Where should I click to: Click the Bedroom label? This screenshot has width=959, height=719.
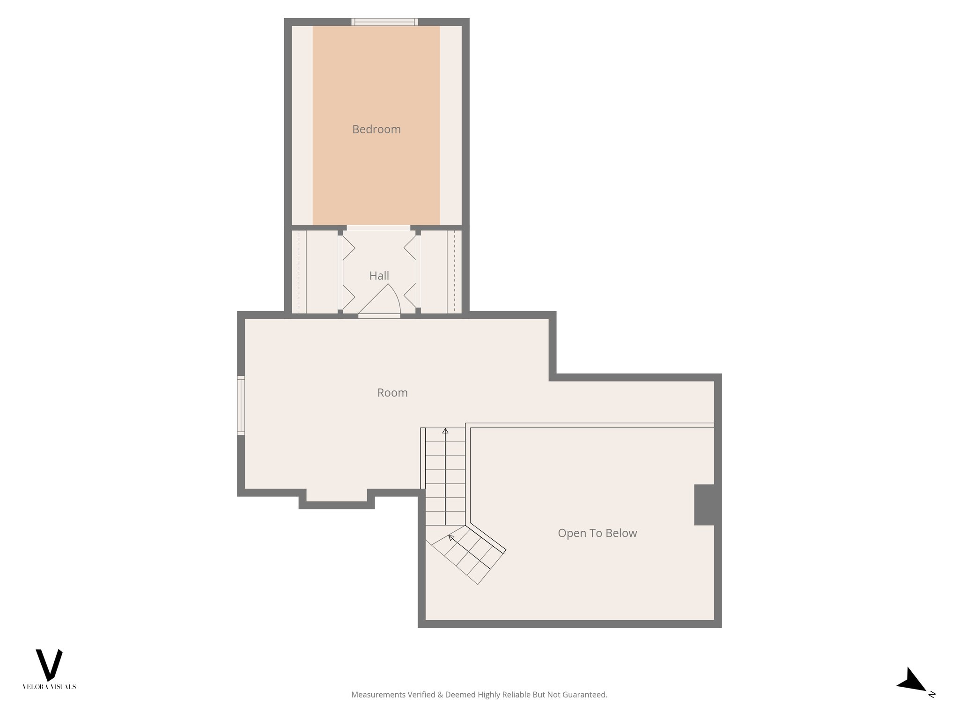click(x=376, y=129)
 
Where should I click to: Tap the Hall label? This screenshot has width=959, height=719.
click(x=379, y=276)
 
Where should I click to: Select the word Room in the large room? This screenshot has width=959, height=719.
click(x=392, y=393)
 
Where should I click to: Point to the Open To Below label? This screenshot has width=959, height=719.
click(x=597, y=533)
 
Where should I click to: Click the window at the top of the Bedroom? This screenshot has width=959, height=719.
click(x=384, y=22)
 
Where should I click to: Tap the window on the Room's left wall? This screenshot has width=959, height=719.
click(x=241, y=405)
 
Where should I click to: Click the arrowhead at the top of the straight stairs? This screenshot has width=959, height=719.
click(x=445, y=431)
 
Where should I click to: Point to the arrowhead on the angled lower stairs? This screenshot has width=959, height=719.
click(x=451, y=538)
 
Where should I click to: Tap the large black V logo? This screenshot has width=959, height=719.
click(x=49, y=664)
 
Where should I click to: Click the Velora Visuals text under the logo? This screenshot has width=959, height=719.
click(x=49, y=687)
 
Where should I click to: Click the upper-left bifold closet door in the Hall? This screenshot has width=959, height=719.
click(x=348, y=248)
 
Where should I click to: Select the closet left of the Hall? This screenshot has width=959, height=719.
click(x=315, y=271)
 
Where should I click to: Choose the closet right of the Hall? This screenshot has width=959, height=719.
click(x=441, y=271)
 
